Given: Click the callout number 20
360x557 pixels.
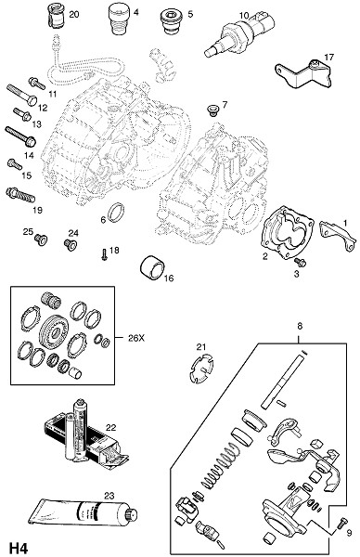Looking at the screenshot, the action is click(x=74, y=15).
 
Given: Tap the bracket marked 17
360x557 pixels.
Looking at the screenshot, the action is click(x=304, y=74).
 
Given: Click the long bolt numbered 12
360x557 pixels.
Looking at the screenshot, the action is click(x=21, y=95).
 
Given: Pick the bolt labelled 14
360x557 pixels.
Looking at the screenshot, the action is click(x=20, y=136).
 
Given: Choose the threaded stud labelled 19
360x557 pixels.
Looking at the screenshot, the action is click(x=20, y=195).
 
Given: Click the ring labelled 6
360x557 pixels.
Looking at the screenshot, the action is click(x=117, y=213).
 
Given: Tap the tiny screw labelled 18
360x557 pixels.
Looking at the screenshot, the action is click(x=104, y=254).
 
